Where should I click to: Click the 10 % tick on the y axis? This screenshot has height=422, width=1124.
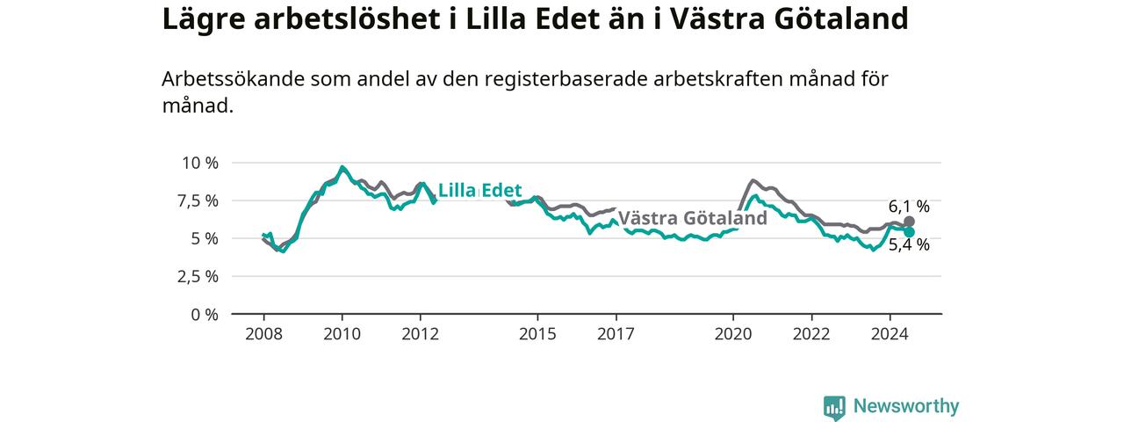(200, 163)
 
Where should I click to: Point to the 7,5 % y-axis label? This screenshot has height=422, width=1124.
(198, 201)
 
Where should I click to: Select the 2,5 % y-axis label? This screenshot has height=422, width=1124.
(198, 276)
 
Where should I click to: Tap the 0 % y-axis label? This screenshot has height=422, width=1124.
(205, 315)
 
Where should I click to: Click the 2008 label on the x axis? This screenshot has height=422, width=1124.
(264, 334)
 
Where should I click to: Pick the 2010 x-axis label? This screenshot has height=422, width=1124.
(342, 334)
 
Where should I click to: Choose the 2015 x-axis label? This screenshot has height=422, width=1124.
(537, 334)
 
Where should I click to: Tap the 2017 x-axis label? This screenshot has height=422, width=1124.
(616, 334)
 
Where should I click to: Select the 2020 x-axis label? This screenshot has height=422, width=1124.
(733, 334)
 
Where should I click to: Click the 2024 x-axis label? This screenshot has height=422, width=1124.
(890, 334)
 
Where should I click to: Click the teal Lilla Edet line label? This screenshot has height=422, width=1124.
(479, 191)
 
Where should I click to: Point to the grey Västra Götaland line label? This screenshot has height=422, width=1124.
(693, 218)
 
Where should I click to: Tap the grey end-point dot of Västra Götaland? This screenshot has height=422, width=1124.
(909, 222)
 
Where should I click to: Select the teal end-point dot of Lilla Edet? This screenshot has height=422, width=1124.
(909, 231)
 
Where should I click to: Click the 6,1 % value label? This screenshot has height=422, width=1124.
(909, 207)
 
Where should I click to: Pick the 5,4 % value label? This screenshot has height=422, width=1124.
(909, 245)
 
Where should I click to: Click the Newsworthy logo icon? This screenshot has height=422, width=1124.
(834, 407)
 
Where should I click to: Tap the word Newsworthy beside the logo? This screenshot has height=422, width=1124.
(906, 406)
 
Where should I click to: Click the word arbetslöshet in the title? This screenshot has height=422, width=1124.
(347, 19)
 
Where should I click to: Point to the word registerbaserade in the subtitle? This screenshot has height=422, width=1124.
(566, 79)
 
